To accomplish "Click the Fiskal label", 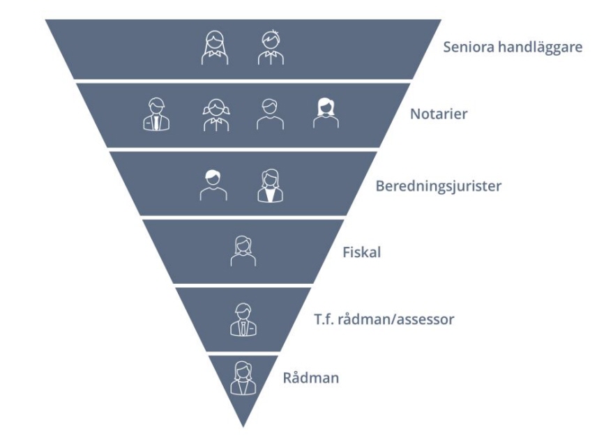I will point(361,252).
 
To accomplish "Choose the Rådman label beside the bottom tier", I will point(310,379).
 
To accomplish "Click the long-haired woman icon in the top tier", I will point(215,48).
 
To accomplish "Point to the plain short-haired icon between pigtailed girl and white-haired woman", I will point(270,114).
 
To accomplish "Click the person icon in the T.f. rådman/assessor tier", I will point(243,319).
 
